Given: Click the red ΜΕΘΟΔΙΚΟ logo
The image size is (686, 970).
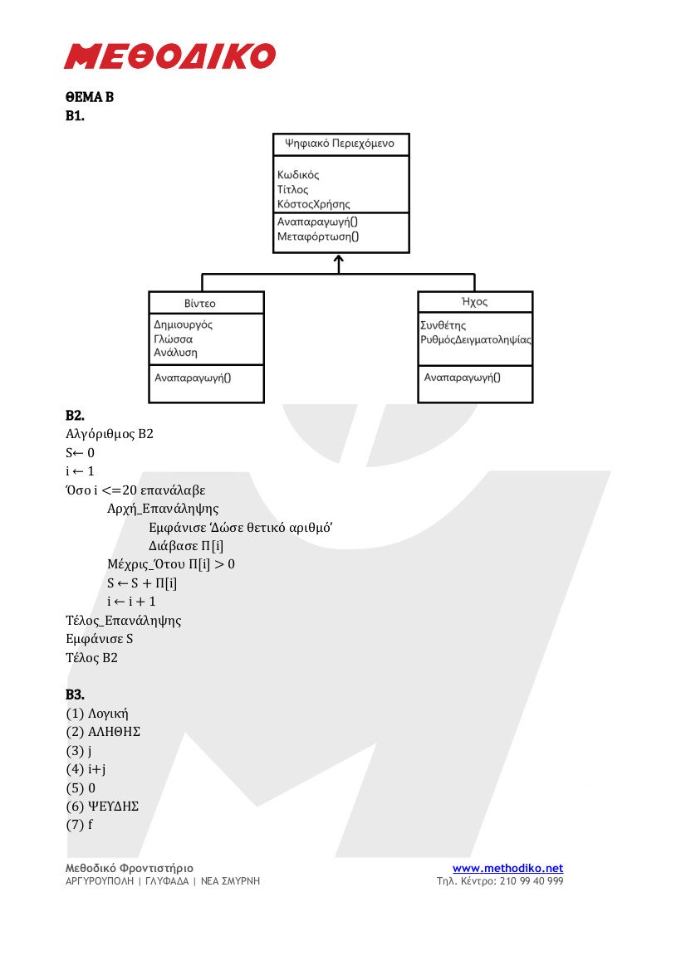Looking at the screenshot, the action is (x=169, y=56).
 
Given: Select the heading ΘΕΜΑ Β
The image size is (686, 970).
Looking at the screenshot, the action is (x=90, y=97).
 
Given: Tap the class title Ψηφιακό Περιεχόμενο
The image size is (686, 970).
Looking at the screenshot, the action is (x=340, y=144).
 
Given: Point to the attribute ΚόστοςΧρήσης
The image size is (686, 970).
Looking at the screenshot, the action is (x=313, y=204).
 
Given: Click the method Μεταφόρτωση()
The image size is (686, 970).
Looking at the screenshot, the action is (x=317, y=236).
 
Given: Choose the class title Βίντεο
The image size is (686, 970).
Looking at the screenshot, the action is (x=200, y=303).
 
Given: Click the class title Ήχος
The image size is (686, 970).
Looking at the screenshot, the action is (x=475, y=301).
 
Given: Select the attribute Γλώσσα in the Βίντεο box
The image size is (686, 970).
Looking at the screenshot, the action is (x=174, y=339).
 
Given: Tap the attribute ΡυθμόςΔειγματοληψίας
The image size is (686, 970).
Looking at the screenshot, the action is (x=476, y=339).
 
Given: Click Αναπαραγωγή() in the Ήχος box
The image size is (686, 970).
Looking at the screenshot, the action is (x=462, y=378).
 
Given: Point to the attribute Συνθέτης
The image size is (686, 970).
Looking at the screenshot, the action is (x=443, y=325).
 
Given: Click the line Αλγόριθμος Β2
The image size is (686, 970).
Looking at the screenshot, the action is (x=110, y=434).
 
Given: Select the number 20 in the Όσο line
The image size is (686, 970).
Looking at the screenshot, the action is (x=130, y=490).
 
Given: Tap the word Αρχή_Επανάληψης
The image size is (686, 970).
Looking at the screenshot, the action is (x=163, y=509).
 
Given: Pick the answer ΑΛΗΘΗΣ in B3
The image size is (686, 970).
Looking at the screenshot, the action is (x=114, y=732).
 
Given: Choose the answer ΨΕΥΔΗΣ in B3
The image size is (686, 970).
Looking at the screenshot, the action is (x=113, y=806).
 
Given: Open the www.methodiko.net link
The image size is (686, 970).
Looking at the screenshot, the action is (x=507, y=868).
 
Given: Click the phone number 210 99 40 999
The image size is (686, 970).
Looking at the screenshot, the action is (x=532, y=881).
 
